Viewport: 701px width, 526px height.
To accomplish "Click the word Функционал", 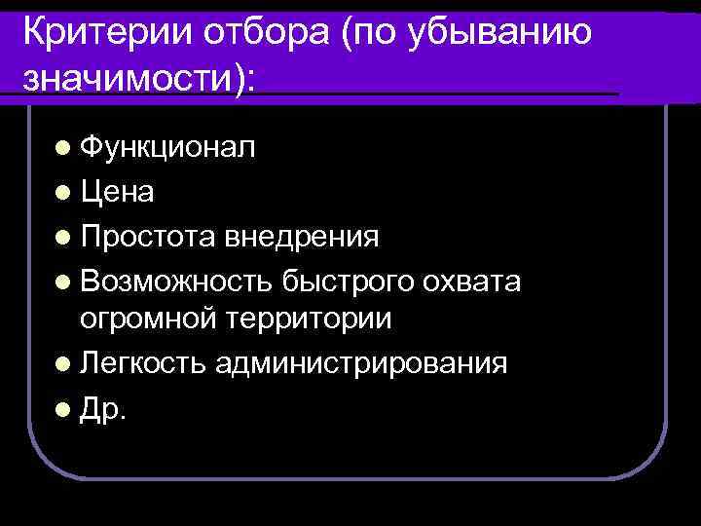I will pyautogui.click(x=167, y=148).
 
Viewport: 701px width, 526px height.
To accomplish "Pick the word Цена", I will pyautogui.click(x=117, y=192).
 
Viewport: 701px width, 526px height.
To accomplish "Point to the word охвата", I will pyautogui.click(x=475, y=282).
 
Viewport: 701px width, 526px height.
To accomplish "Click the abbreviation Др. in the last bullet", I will pyautogui.click(x=103, y=408).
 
